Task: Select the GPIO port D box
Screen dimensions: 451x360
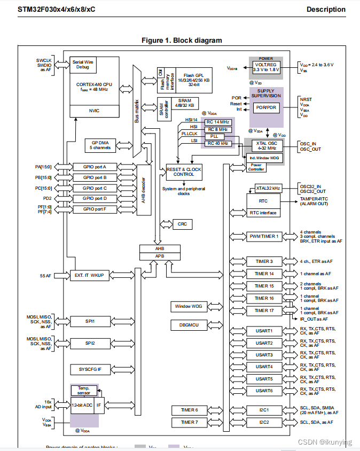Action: coord(94,198)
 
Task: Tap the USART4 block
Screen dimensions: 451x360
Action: coord(264,367)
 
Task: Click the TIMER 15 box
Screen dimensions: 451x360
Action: coord(264,286)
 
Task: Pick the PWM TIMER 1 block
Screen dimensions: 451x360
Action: coord(264,236)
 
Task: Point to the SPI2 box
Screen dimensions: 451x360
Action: coord(90,343)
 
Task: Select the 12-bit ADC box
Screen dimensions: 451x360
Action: coord(82,405)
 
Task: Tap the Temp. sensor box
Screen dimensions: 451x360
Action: coord(84,391)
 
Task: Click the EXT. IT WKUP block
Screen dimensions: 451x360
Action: coord(90,275)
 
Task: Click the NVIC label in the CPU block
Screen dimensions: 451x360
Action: coord(94,111)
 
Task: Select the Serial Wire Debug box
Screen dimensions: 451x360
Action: coord(85,65)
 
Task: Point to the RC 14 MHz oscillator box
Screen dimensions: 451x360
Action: coord(217,121)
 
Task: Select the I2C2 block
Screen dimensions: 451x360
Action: coord(264,422)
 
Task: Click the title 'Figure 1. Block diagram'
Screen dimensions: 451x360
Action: coord(182,41)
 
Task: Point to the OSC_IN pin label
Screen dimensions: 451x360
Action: coord(308,143)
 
